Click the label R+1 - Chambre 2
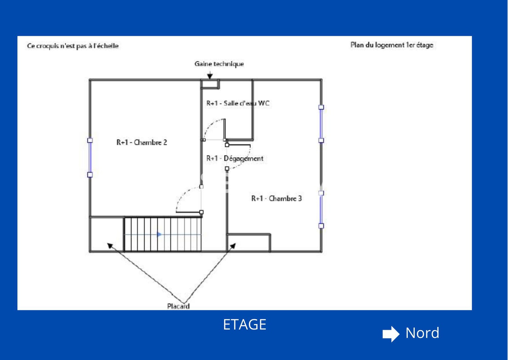142,142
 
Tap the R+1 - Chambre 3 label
276,198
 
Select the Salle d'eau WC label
238,103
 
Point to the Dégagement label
235,158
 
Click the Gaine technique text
219,64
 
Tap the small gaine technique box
209,84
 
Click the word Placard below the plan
178,306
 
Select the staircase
162,234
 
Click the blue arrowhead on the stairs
159,234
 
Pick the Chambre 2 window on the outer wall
90,158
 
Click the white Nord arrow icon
391,334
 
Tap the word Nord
422,333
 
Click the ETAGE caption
245,325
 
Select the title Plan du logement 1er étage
392,45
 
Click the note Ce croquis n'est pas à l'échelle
73,46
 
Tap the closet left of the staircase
106,234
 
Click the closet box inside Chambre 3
249,243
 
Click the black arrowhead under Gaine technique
210,76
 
